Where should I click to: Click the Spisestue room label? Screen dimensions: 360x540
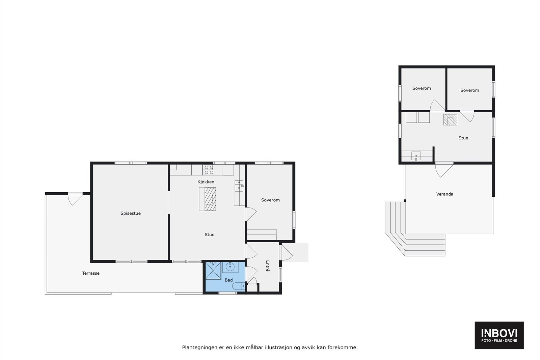point(131,213)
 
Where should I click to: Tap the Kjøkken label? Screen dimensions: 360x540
point(206,182)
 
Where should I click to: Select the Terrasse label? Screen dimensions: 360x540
point(91,273)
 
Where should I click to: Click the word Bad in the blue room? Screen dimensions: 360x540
point(228,280)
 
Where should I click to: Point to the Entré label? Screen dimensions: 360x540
point(268,266)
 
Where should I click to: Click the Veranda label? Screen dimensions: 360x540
point(444,194)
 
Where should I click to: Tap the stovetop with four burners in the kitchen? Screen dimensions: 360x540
point(209,169)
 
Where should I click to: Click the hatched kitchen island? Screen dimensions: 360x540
point(207,199)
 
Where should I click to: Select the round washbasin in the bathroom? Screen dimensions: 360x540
point(230,267)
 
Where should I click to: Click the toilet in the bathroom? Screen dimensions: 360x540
point(239,286)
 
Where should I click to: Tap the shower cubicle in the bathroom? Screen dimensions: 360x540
point(213,270)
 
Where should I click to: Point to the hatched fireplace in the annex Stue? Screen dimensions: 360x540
point(450,120)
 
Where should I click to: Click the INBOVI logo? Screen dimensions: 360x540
point(499,335)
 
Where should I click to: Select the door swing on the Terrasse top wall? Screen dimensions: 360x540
point(75,198)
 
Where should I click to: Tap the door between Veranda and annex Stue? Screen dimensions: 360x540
point(443,169)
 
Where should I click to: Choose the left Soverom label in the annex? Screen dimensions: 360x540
point(422,88)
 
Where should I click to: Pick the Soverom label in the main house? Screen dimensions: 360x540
point(270,200)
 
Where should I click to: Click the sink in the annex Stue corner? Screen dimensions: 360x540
point(416,156)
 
